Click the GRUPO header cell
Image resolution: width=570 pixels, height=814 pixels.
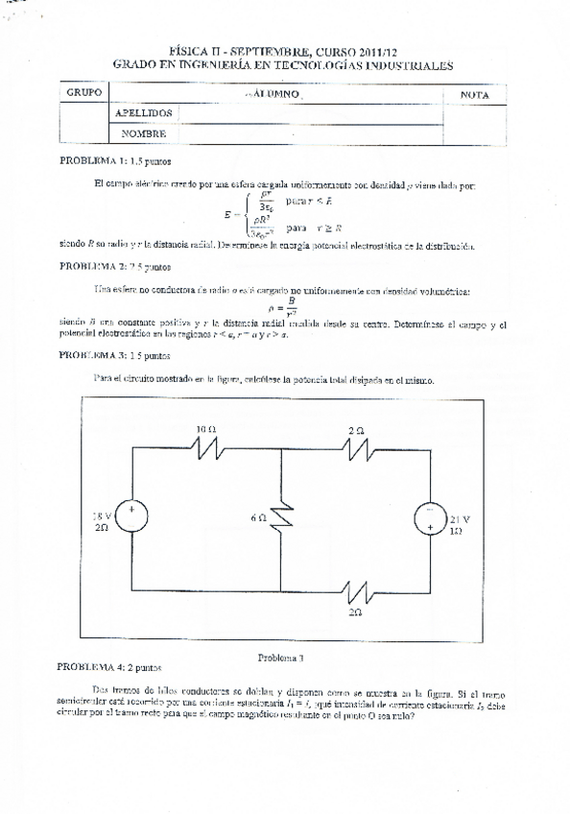click(83, 95)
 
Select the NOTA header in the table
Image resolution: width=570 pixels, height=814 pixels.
click(475, 95)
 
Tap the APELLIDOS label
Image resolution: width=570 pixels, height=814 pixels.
click(143, 113)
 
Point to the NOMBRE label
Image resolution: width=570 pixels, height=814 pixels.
click(144, 134)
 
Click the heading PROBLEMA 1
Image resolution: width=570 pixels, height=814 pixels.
click(93, 161)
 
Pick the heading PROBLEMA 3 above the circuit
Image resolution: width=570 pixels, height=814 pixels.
click(93, 354)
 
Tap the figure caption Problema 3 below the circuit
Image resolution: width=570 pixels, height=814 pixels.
click(281, 658)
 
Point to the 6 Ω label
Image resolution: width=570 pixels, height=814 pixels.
click(257, 517)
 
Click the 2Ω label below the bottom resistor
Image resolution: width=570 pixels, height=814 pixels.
click(356, 610)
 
